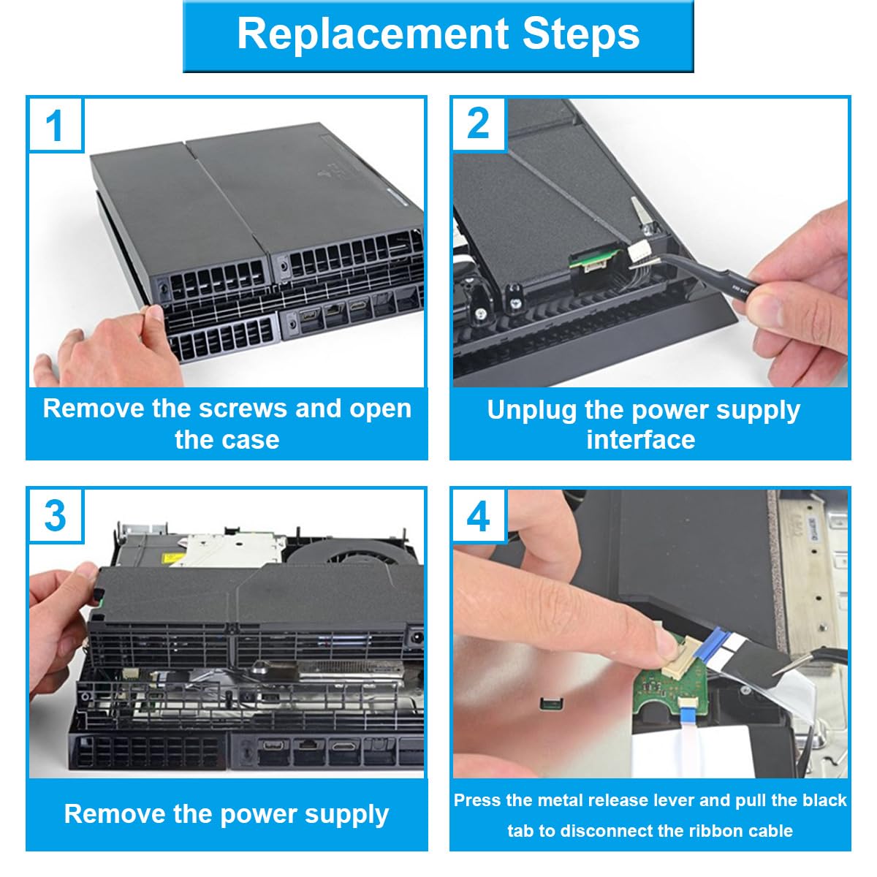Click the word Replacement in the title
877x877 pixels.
(x=372, y=35)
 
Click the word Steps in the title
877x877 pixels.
(x=581, y=34)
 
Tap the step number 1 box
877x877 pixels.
(x=55, y=125)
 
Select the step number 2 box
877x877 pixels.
(x=479, y=124)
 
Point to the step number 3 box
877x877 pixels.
(x=55, y=516)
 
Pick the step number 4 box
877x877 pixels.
(x=479, y=516)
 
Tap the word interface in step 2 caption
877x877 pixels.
(x=640, y=440)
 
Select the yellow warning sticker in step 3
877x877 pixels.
(x=175, y=558)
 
